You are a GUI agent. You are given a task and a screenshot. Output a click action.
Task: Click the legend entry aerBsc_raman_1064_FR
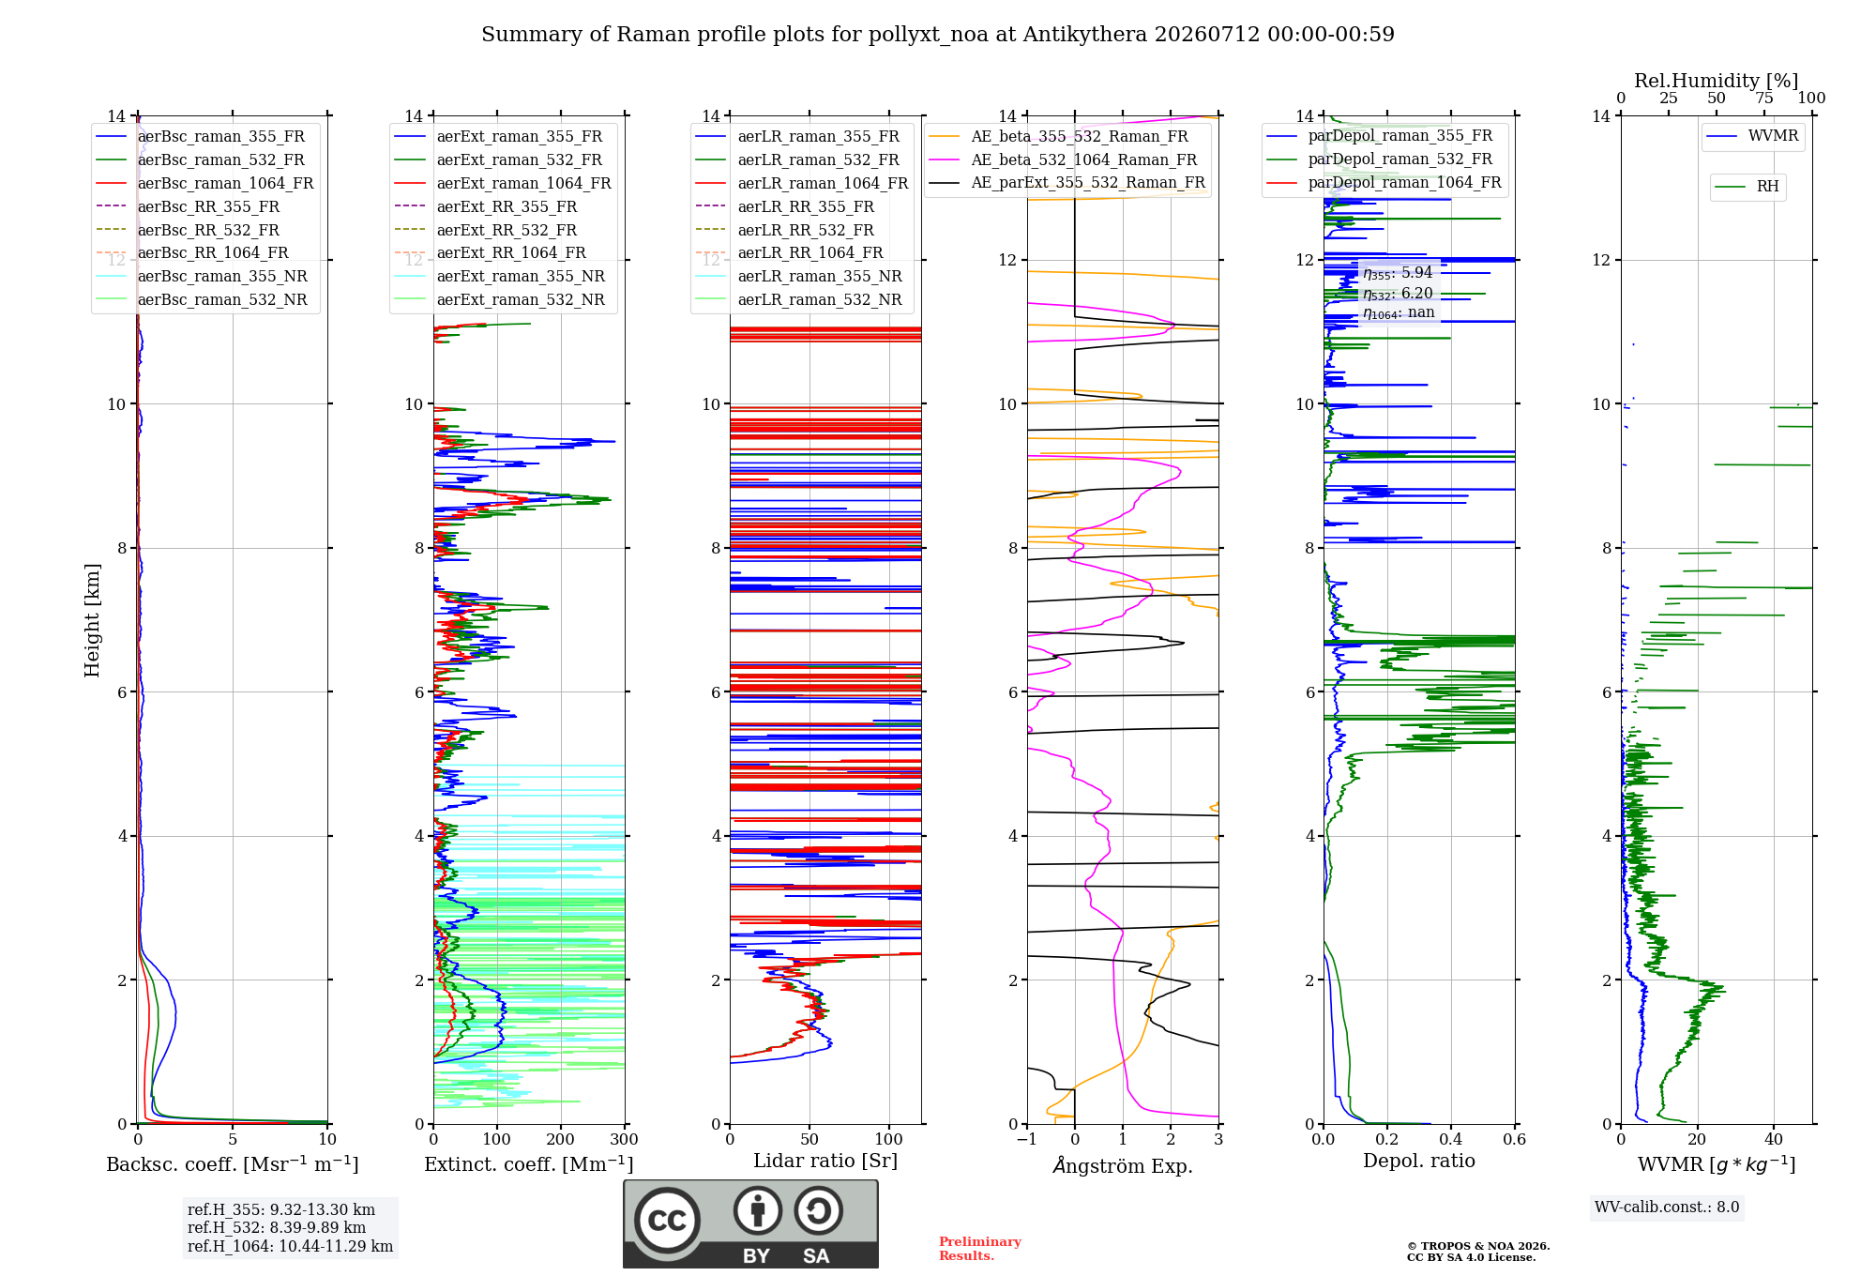click(205, 183)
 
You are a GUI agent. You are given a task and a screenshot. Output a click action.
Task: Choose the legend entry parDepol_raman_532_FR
click(1379, 159)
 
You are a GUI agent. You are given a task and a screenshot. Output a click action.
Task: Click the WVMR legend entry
click(1752, 136)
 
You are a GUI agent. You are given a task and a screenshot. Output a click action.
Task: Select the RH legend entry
click(1747, 187)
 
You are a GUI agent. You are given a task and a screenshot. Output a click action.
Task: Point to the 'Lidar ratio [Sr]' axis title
click(825, 1161)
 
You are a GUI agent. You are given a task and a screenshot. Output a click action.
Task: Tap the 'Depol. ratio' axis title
click(1419, 1161)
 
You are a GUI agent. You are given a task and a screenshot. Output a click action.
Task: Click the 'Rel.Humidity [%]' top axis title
click(1717, 81)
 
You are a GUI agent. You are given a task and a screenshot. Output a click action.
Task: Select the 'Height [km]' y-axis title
click(92, 620)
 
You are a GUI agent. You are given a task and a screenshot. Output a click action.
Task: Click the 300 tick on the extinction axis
click(625, 1140)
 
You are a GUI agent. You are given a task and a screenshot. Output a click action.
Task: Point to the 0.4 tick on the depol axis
click(1451, 1140)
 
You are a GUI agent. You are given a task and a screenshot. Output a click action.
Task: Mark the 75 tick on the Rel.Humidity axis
click(1764, 99)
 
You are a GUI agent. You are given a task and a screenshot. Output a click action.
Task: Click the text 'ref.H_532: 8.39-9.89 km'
click(277, 1227)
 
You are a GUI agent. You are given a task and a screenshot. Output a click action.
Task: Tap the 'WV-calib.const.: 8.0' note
click(1667, 1208)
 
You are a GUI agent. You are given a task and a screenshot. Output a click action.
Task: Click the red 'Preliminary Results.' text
click(980, 1249)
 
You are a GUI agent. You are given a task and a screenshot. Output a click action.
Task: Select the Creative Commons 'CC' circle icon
click(667, 1221)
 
